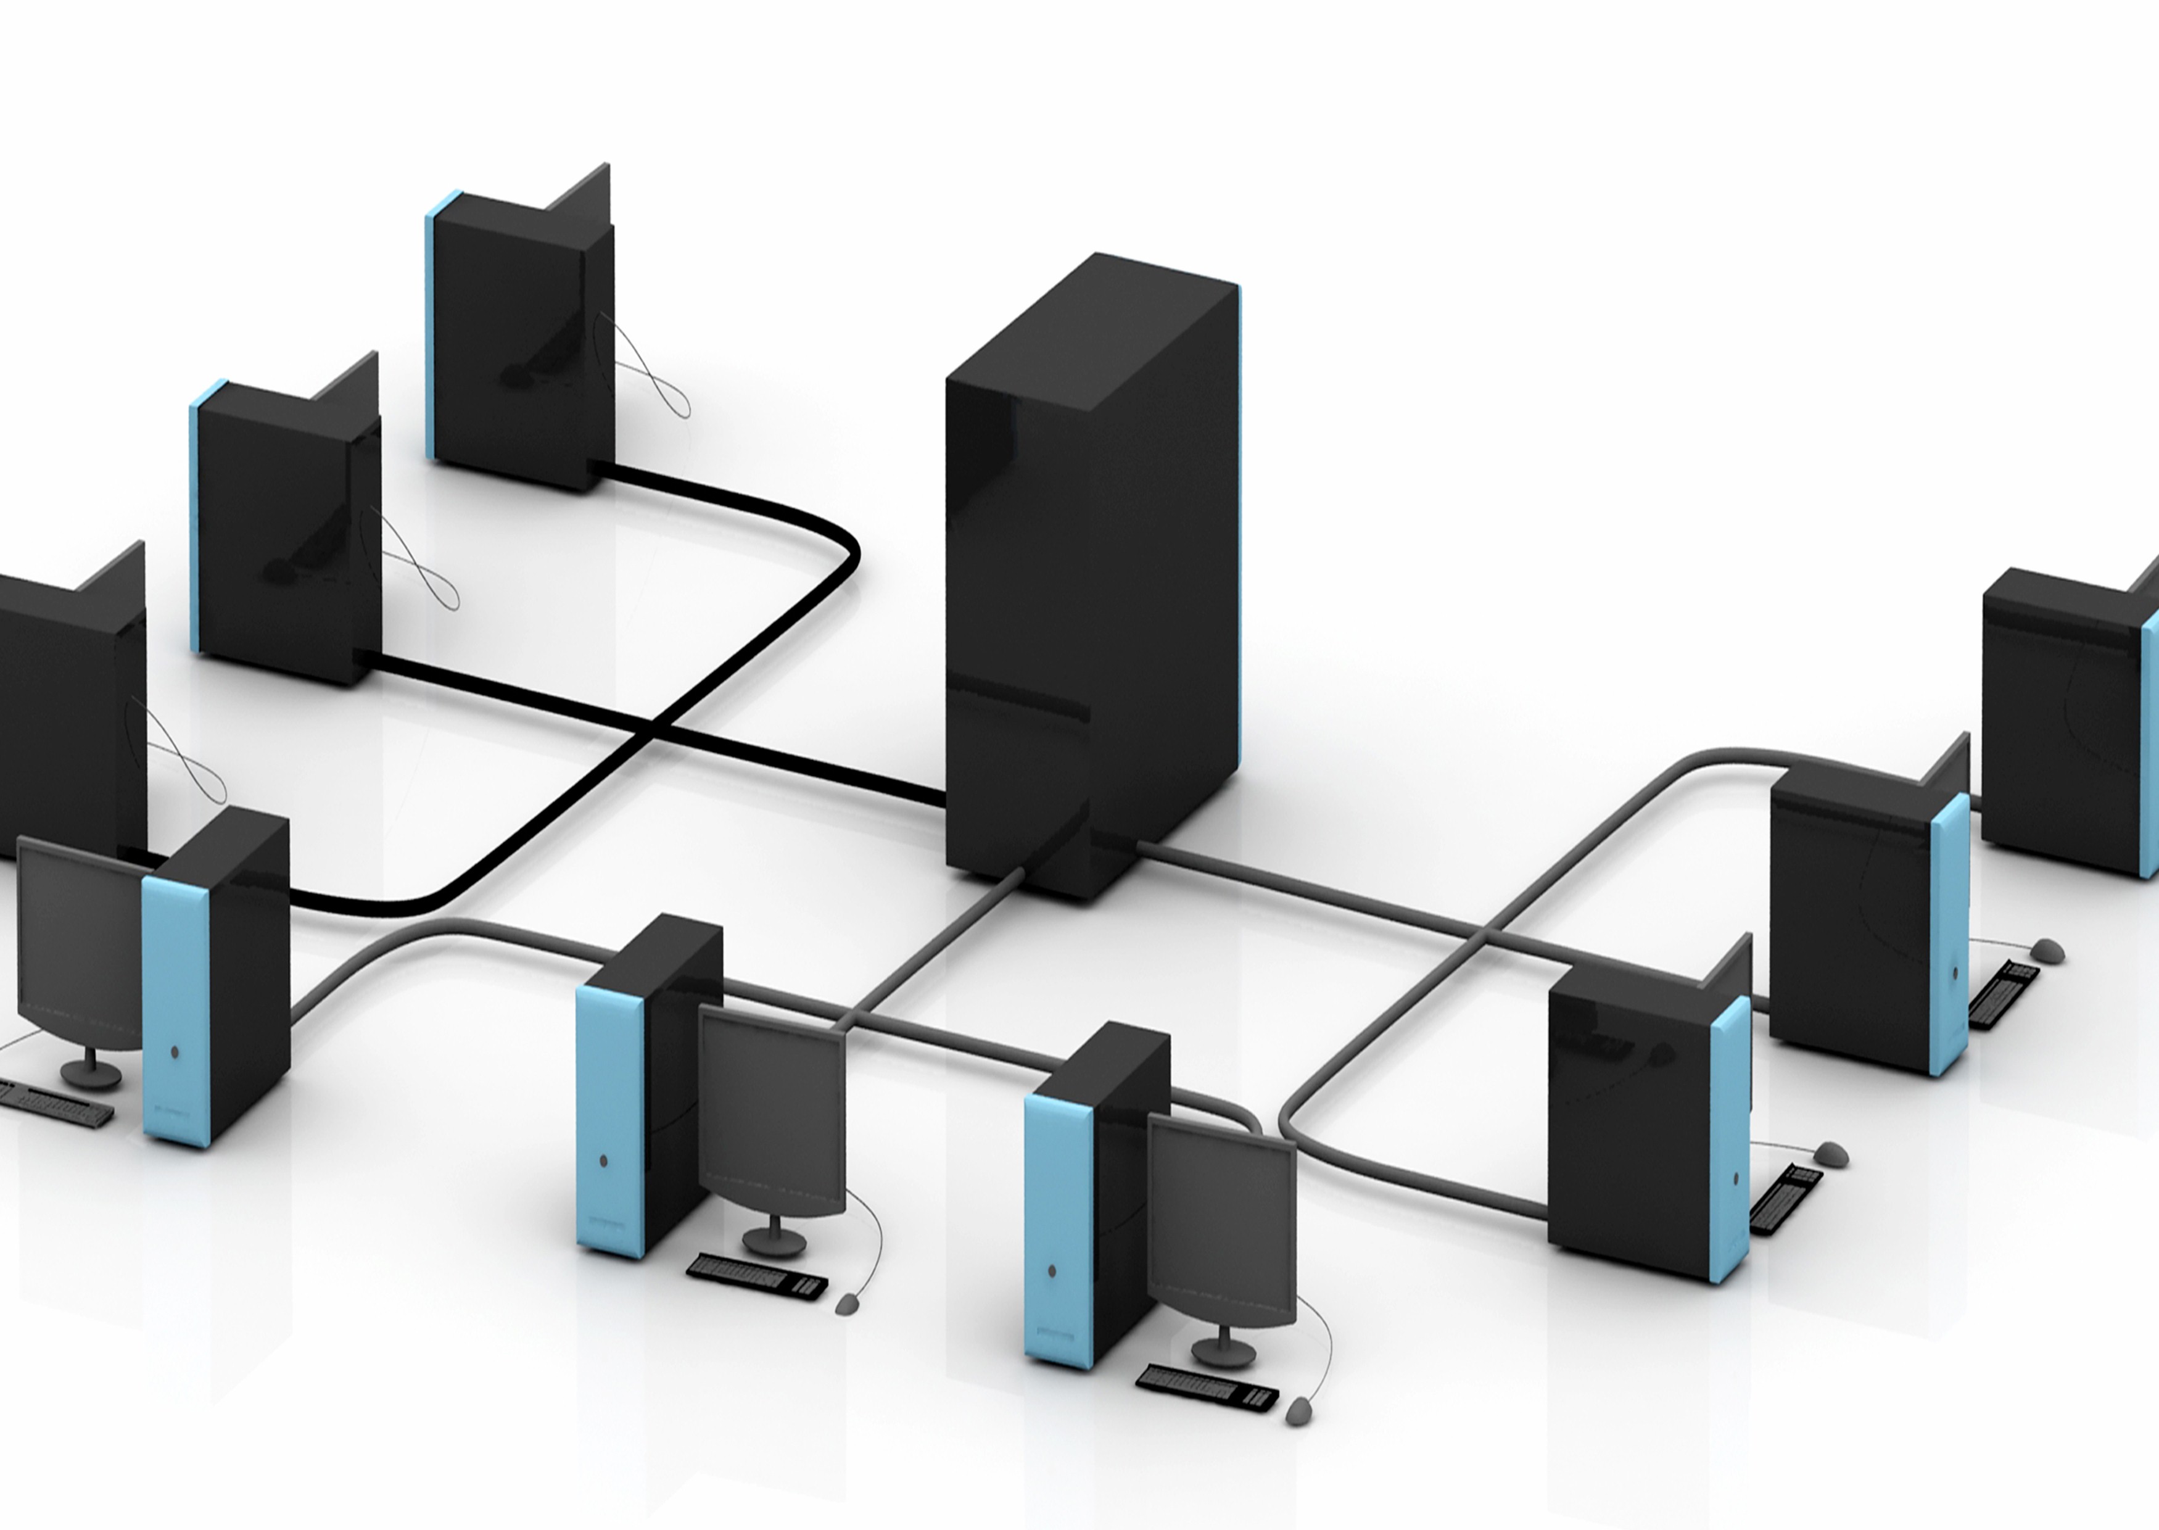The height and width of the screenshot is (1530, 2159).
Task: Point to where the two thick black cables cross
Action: (x=656, y=724)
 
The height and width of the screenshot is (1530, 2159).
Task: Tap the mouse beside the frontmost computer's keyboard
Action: (x=1298, y=1410)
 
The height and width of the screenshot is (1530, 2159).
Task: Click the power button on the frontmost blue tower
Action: (x=1052, y=1272)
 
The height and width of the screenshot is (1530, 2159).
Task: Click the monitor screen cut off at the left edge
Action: (x=80, y=942)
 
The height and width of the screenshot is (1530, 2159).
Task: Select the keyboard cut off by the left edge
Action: (x=52, y=1103)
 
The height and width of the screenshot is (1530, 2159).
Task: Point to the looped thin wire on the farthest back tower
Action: (x=650, y=377)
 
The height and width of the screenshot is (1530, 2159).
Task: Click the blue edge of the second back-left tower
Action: (x=195, y=518)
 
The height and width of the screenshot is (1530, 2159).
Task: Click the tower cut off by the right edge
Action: (x=2073, y=726)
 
